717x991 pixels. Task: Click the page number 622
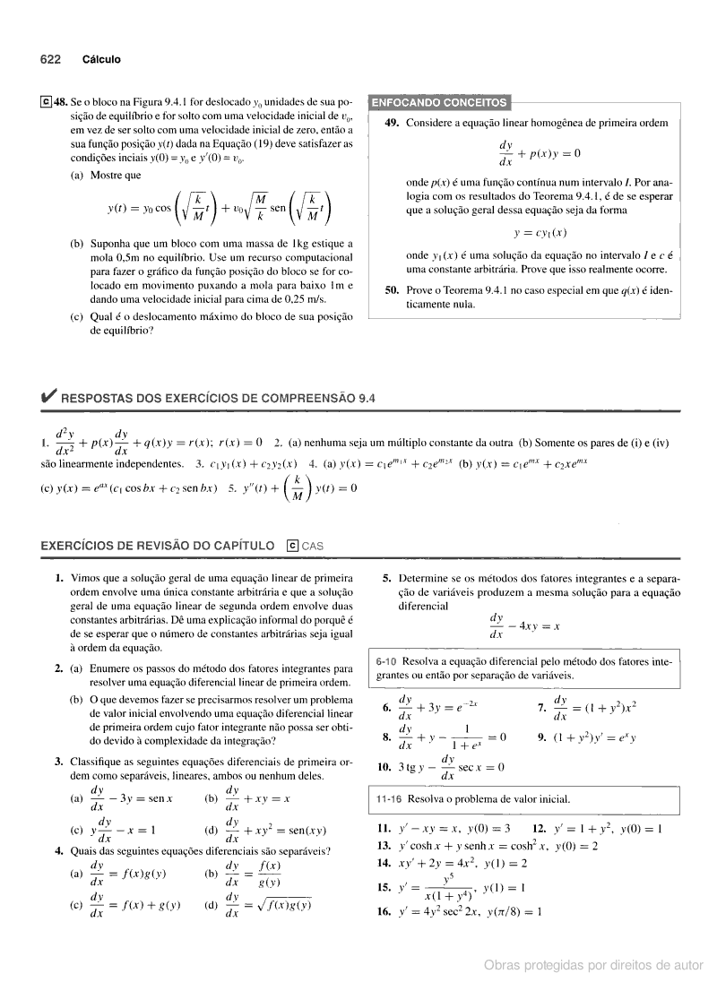click(x=49, y=60)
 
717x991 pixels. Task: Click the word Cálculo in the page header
click(x=101, y=60)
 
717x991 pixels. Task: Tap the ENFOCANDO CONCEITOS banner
click(x=439, y=102)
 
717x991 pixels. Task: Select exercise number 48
click(x=61, y=102)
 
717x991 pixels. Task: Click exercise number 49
click(x=391, y=123)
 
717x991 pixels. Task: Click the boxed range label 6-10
click(x=390, y=661)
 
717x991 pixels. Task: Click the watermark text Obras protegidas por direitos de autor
click(x=593, y=965)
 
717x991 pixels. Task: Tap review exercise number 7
click(x=542, y=710)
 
